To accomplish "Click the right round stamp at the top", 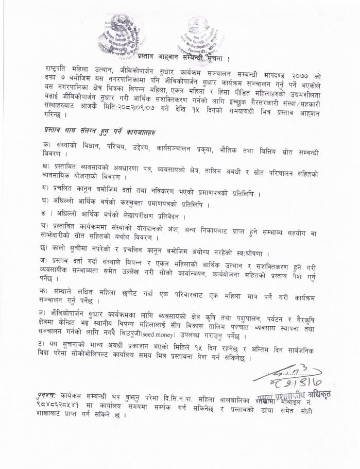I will tap(201, 35).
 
